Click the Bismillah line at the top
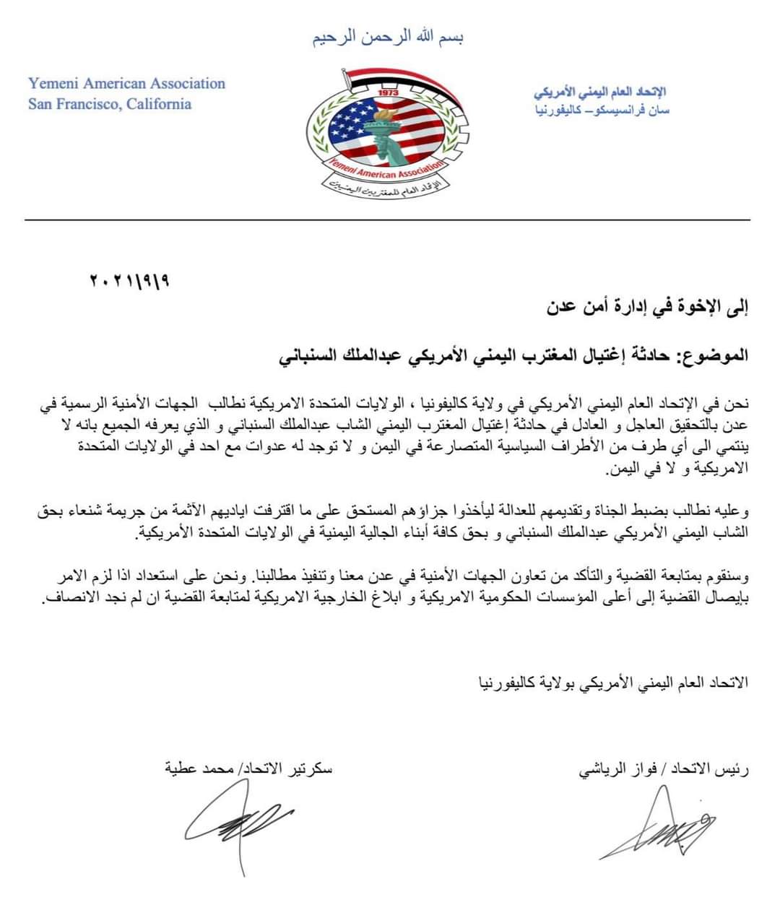pyautogui.click(x=388, y=38)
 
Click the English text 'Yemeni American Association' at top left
pyautogui.click(x=127, y=84)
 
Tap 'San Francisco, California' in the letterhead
pyautogui.click(x=110, y=104)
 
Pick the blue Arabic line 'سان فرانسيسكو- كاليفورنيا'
pyautogui.click(x=601, y=111)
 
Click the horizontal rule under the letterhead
pyautogui.click(x=388, y=220)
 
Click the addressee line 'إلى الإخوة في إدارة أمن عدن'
pyautogui.click(x=647, y=308)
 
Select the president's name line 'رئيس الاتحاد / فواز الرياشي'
pyautogui.click(x=664, y=770)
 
